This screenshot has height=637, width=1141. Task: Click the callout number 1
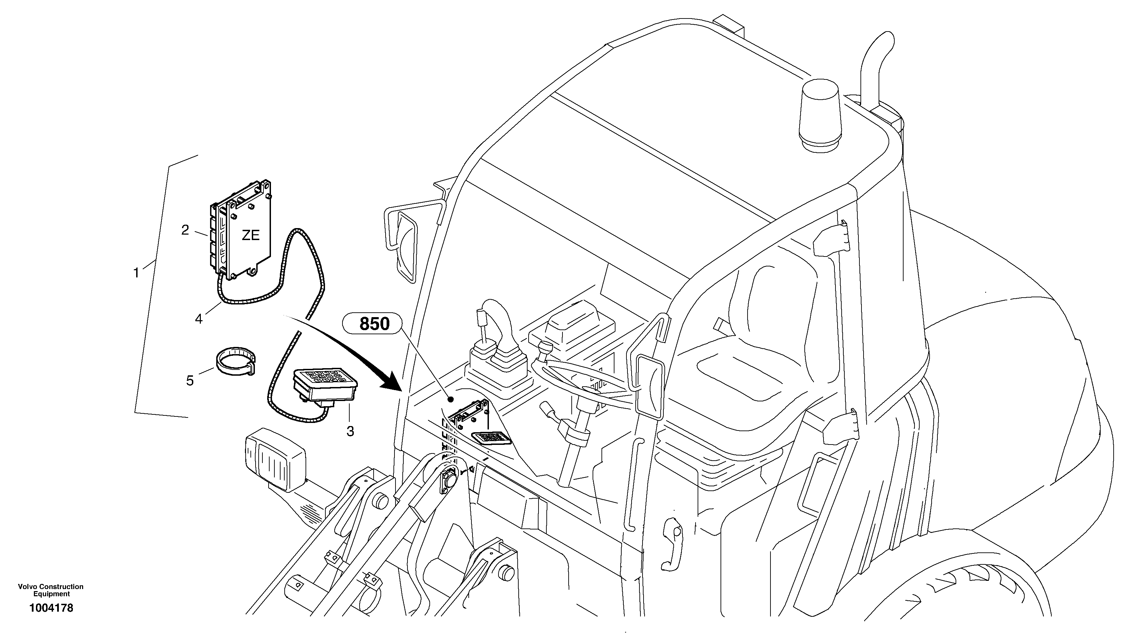tap(137, 273)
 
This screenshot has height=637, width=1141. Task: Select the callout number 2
tap(185, 229)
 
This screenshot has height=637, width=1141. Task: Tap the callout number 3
tap(350, 431)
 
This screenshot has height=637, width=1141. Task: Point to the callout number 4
tap(198, 318)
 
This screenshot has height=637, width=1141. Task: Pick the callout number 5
tap(190, 380)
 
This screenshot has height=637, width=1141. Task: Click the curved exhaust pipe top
tap(879, 49)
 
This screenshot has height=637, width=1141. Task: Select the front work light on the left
tap(275, 459)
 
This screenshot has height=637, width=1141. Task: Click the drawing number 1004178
tap(51, 608)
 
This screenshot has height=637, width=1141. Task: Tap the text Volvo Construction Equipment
tap(51, 590)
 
